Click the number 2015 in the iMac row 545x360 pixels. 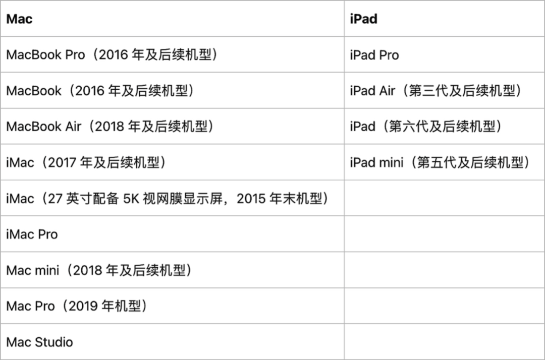(x=251, y=199)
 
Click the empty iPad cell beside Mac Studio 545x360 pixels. (x=444, y=342)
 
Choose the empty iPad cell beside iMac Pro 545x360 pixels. (x=444, y=234)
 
